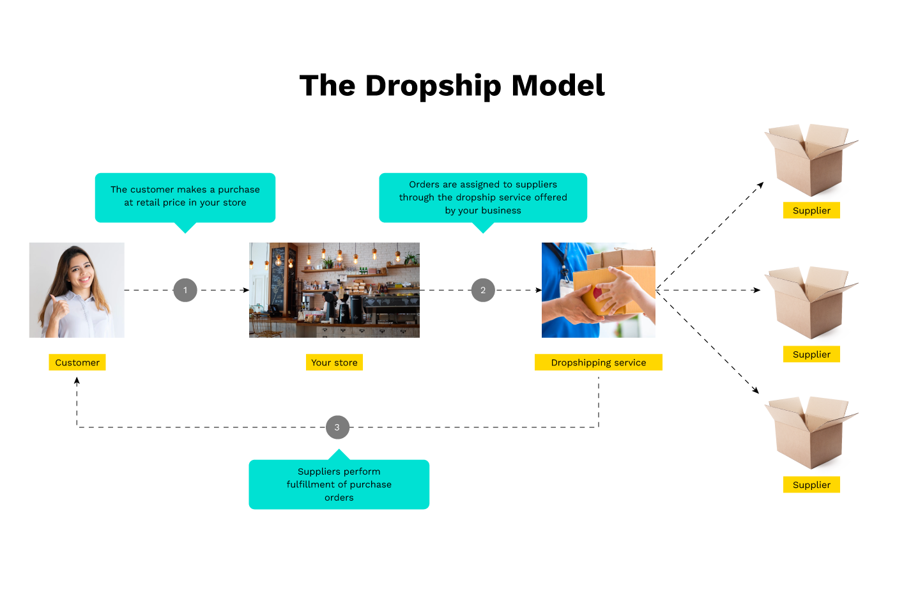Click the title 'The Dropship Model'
[452, 86]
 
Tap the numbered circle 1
[185, 290]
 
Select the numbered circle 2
[483, 290]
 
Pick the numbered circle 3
[337, 427]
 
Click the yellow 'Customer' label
[77, 362]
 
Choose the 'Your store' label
[334, 362]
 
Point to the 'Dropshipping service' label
[599, 362]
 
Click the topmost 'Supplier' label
[811, 210]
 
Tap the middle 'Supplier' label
[811, 354]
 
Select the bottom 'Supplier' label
[811, 484]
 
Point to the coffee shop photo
[334, 290]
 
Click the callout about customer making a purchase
[185, 197]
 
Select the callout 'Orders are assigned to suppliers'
[483, 197]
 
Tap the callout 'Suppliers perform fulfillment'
[339, 484]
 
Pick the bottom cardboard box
[809, 434]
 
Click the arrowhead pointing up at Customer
[77, 381]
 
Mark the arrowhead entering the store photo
[246, 290]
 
